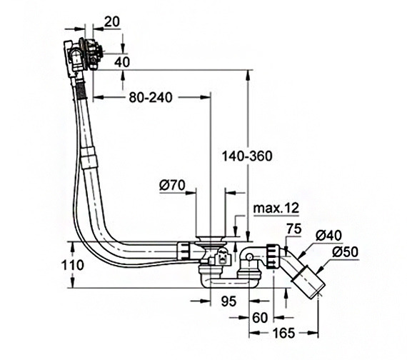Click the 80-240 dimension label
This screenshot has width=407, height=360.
[x=151, y=98]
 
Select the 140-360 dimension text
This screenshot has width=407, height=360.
[x=247, y=156]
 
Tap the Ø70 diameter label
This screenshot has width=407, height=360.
[x=172, y=186]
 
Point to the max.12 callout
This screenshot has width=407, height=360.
[x=276, y=209]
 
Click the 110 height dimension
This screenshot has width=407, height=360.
[x=73, y=265]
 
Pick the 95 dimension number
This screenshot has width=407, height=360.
[x=228, y=301]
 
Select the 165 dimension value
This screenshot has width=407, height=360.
[x=283, y=334]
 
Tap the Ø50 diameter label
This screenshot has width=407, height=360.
[x=345, y=252]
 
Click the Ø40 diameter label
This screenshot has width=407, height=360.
[x=328, y=236]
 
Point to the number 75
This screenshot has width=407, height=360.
[x=294, y=229]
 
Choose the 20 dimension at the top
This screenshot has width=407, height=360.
[x=112, y=22]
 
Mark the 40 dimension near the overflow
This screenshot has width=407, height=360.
[x=122, y=62]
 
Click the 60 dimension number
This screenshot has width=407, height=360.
[x=260, y=317]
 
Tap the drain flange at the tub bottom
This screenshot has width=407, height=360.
[x=210, y=240]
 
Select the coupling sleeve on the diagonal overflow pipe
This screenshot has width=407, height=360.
[x=89, y=158]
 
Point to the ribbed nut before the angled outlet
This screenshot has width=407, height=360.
[x=273, y=256]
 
